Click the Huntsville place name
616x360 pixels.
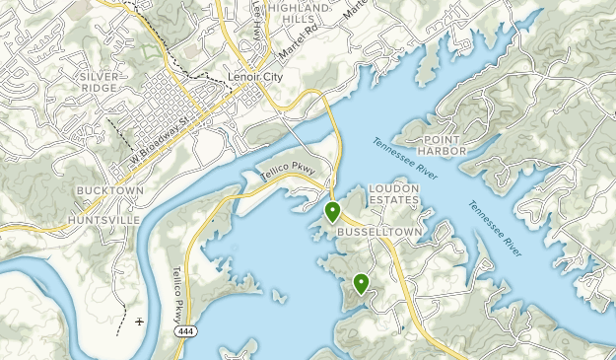pos(103,219)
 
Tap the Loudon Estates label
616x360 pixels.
pos(394,193)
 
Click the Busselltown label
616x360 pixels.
pos(379,232)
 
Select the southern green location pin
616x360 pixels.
pos(362,284)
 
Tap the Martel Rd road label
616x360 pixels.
pos(301,43)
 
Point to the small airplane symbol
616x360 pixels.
pos(140,322)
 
